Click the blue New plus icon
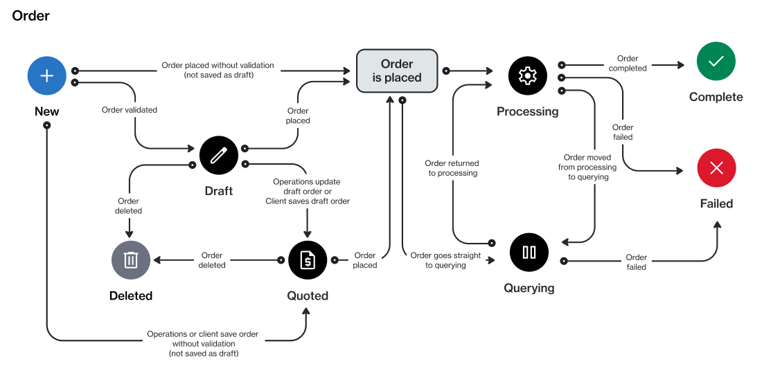pyautogui.click(x=47, y=75)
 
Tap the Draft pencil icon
pyautogui.click(x=219, y=155)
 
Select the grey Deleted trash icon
pyautogui.click(x=131, y=260)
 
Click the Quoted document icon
pyautogui.click(x=308, y=260)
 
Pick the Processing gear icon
pyautogui.click(x=528, y=75)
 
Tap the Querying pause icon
pyautogui.click(x=529, y=253)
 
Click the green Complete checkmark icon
pyautogui.click(x=716, y=61)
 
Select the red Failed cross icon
pyautogui.click(x=716, y=167)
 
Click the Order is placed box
pyautogui.click(x=397, y=71)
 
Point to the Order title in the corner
pyautogui.click(x=31, y=15)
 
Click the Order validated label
pyautogui.click(x=130, y=110)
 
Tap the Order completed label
pyautogui.click(x=628, y=64)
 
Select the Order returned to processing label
pyautogui.click(x=452, y=168)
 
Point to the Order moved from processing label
pyautogui.click(x=587, y=167)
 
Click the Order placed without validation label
pyautogui.click(x=218, y=70)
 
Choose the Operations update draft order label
pyautogui.click(x=307, y=192)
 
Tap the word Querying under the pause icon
pyautogui.click(x=529, y=288)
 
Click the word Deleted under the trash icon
pyautogui.click(x=131, y=295)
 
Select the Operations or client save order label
pyautogui.click(x=203, y=344)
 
